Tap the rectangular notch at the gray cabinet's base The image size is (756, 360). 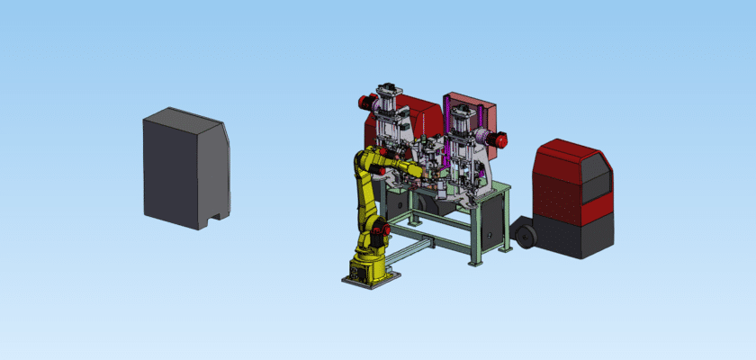[x=215, y=217]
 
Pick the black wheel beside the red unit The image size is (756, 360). [x=525, y=237]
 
